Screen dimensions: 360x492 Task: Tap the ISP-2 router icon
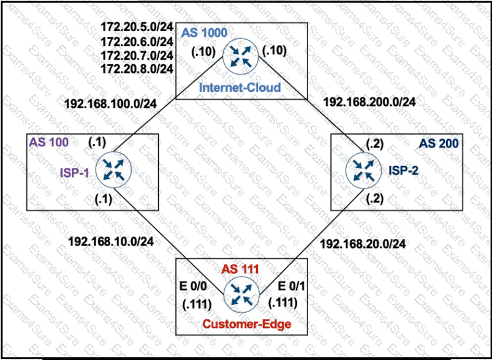[x=363, y=168]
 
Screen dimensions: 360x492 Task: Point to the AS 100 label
[x=48, y=142]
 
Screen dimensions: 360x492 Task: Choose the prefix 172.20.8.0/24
[x=137, y=68]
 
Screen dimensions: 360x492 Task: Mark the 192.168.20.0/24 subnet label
[x=363, y=244]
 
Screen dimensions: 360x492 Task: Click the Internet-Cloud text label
[x=240, y=87]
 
